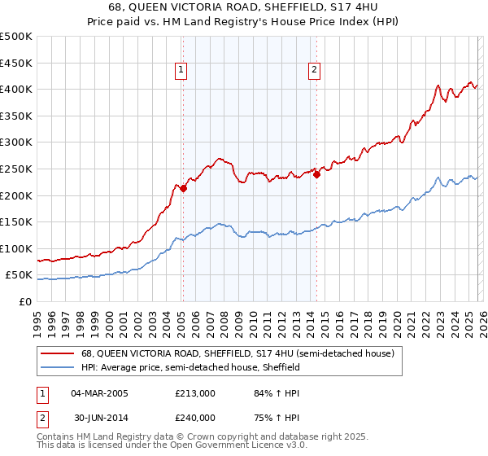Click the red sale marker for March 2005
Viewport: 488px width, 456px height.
183,188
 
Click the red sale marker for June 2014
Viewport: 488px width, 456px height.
316,173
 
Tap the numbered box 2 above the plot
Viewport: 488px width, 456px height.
314,71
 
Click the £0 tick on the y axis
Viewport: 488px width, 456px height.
24,301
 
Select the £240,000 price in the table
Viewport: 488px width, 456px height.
194,416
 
